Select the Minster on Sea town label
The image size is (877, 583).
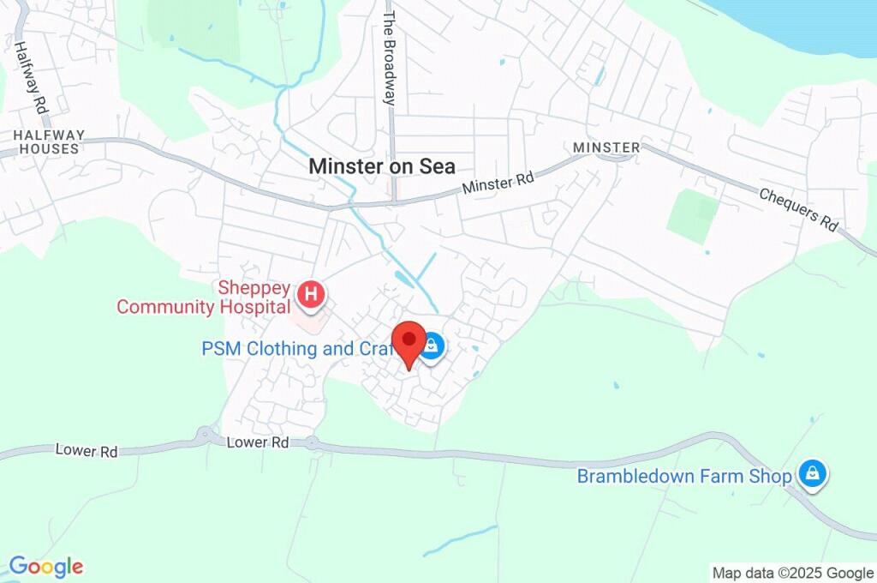[382, 166]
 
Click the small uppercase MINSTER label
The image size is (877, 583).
[606, 147]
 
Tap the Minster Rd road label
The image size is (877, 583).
[498, 183]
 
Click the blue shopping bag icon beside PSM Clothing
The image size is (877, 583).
[433, 346]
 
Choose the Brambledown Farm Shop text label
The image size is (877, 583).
[683, 476]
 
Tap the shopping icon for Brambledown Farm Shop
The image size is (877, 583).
[812, 473]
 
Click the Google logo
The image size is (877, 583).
[45, 566]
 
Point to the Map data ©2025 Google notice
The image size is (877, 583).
[792, 573]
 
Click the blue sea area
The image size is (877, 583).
[805, 21]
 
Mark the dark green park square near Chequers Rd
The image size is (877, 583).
[693, 215]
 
